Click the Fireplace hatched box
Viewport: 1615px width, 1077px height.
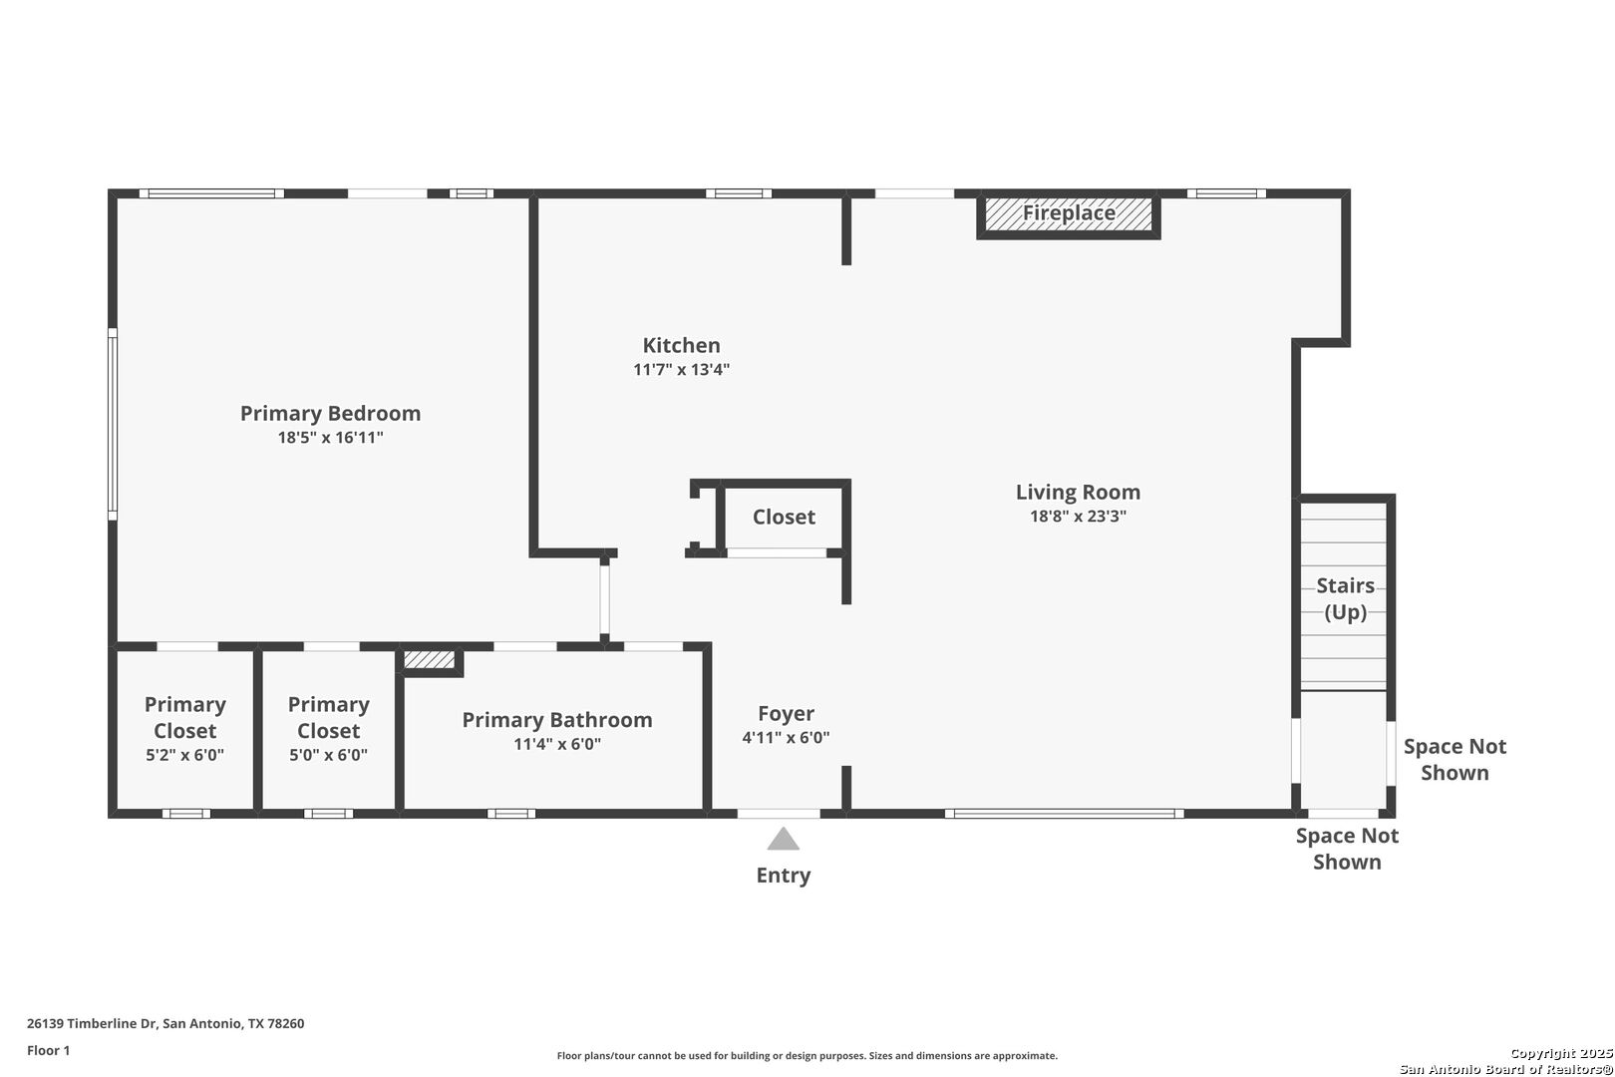click(1069, 214)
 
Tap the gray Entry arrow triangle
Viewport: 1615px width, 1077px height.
click(783, 839)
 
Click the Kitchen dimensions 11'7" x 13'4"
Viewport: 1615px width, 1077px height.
click(681, 370)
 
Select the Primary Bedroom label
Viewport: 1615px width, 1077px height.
click(330, 413)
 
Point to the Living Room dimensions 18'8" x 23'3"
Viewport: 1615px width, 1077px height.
click(1078, 517)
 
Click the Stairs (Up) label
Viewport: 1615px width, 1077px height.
click(1346, 598)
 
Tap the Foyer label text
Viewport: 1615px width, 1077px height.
click(786, 713)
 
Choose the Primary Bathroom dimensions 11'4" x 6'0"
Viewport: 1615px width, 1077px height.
click(557, 744)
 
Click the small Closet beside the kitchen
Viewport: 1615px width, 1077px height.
click(784, 518)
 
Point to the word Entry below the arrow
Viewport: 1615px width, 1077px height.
click(783, 875)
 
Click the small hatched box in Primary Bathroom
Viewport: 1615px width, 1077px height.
click(429, 660)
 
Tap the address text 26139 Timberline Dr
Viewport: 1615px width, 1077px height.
click(92, 1023)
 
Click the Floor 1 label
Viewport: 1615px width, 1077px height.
click(48, 1050)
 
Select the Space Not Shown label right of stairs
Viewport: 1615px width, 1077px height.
click(1454, 760)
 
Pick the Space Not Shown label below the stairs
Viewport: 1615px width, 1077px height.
click(1347, 849)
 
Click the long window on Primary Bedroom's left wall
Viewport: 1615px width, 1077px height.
click(113, 424)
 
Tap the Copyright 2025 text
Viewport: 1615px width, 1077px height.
click(1561, 1054)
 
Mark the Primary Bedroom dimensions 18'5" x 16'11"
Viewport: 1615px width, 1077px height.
click(330, 438)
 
